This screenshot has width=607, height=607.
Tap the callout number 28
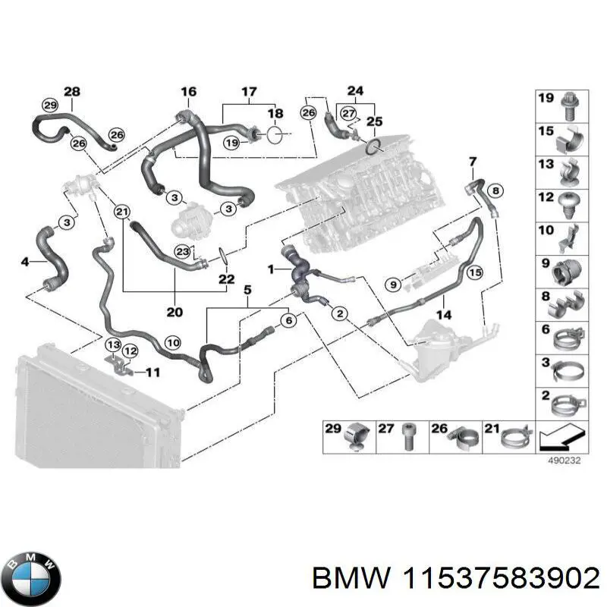tap(71, 93)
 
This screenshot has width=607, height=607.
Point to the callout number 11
tap(153, 372)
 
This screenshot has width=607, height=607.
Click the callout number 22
tap(226, 280)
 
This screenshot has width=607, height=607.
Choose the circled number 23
tap(181, 252)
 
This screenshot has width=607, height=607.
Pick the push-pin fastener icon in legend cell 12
tap(567, 200)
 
